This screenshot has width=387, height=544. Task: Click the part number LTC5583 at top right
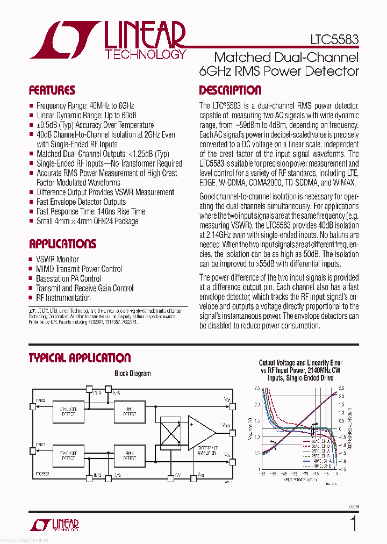click(x=334, y=39)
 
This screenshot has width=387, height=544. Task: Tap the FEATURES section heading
click(x=52, y=90)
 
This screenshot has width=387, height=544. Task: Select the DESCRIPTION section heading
click(x=230, y=90)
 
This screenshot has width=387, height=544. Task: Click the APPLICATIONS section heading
click(x=62, y=244)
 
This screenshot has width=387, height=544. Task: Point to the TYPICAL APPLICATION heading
click(x=80, y=358)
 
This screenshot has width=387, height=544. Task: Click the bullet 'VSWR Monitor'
click(x=58, y=259)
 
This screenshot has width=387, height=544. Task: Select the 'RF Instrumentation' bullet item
click(x=63, y=298)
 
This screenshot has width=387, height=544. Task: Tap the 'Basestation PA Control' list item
click(x=68, y=278)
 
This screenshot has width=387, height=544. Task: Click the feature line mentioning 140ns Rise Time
click(x=90, y=211)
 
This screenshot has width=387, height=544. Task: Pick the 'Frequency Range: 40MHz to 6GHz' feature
click(x=85, y=106)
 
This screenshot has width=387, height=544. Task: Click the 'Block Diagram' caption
click(x=133, y=373)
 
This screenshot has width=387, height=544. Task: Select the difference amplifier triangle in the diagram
click(x=200, y=433)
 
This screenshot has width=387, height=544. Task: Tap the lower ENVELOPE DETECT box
click(x=68, y=455)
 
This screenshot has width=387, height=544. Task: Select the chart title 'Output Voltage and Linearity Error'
click(x=300, y=363)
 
